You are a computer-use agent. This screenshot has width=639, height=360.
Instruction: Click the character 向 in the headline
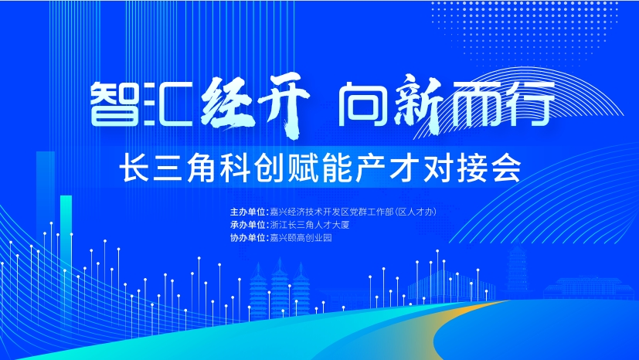[x=362, y=104]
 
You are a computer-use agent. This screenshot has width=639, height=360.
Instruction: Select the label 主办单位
[x=247, y=212]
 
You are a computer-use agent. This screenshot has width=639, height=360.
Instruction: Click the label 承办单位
[x=247, y=225]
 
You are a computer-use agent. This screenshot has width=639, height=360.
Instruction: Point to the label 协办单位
[x=247, y=238]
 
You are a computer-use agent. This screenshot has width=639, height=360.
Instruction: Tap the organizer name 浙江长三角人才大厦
[x=310, y=225]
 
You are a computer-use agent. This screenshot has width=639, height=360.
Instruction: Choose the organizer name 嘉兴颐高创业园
[x=301, y=238]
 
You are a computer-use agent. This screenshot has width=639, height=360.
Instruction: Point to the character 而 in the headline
[x=474, y=103]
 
